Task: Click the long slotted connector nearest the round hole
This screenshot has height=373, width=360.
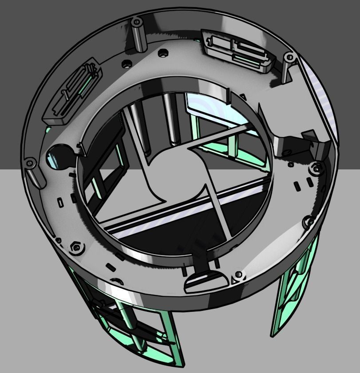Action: tap(74, 90)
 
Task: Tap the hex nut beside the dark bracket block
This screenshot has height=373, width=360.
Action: tap(316, 168)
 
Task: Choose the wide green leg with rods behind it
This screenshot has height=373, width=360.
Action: tap(133, 328)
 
